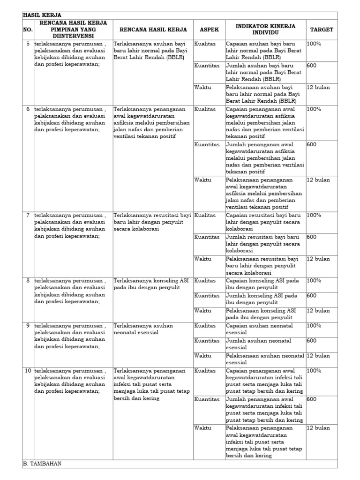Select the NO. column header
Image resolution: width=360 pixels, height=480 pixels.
point(28,30)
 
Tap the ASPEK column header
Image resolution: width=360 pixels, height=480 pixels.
point(209,30)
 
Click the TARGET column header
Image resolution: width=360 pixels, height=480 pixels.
point(322,30)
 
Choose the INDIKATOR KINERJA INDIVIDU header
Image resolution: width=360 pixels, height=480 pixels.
point(265,30)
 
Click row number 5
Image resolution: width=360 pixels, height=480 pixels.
point(28,44)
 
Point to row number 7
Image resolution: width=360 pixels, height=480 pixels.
point(28,215)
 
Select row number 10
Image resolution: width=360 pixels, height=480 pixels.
point(28,371)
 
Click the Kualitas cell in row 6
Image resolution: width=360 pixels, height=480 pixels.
point(205,109)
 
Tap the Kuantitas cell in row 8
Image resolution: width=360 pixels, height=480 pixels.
point(207,296)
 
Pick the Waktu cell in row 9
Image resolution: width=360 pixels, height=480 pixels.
point(203,356)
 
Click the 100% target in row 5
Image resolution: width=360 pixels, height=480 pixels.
point(314,44)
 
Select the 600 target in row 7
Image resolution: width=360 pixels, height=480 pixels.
point(312,237)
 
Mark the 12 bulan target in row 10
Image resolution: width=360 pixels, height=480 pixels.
point(318,428)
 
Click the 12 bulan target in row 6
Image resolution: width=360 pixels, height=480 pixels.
point(318,180)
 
